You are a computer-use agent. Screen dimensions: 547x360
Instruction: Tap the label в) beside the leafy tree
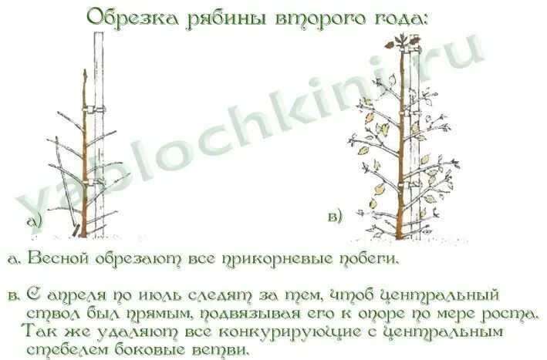[x=335, y=217]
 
